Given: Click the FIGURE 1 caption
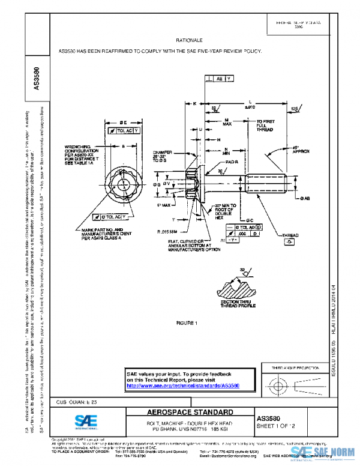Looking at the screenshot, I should [x=188, y=323].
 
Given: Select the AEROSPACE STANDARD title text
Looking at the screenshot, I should [x=190, y=413].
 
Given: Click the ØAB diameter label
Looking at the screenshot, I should [x=305, y=198].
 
